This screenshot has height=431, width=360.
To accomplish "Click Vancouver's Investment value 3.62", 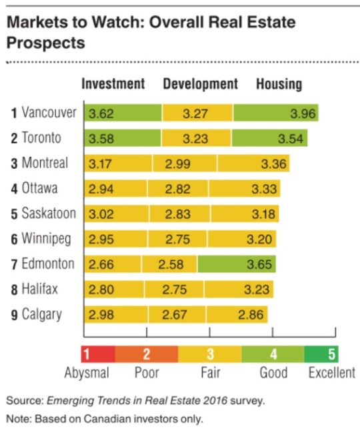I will (101, 113).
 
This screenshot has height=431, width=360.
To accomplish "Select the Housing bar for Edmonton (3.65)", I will (237, 264).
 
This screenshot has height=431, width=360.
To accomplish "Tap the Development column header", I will (200, 84).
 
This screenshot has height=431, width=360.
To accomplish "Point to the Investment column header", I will (113, 84).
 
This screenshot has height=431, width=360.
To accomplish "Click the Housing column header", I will (279, 84).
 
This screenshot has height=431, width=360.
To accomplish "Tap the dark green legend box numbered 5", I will (332, 353).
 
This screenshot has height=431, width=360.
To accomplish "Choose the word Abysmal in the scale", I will (87, 373).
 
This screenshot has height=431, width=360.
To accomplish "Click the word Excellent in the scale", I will (331, 373).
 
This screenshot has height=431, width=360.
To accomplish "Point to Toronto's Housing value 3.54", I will (291, 139).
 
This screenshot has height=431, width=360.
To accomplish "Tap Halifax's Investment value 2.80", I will (101, 290).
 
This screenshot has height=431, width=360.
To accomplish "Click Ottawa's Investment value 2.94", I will (101, 189).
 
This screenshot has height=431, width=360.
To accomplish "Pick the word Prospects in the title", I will (46, 43).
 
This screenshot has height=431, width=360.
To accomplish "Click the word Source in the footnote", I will (22, 401).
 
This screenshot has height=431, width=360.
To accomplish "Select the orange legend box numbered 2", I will (147, 353).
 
